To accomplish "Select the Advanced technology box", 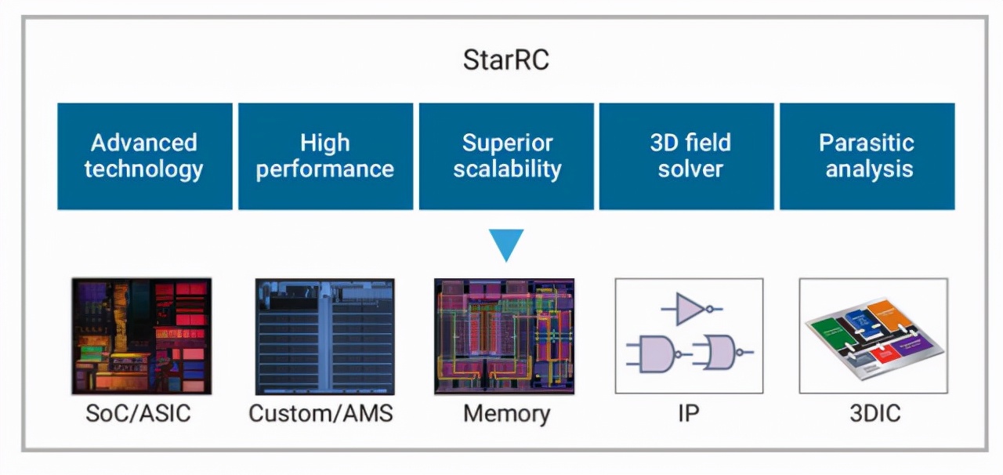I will click(x=144, y=156).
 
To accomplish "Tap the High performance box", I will click(x=325, y=156).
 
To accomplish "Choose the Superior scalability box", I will click(x=506, y=156).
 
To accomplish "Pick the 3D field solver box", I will click(x=686, y=156).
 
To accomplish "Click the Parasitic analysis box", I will click(x=867, y=156).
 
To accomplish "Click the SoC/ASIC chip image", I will click(x=141, y=335).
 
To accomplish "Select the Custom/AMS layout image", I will click(x=324, y=336).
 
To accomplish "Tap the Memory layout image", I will click(x=505, y=336).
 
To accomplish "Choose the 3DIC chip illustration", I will click(x=873, y=335).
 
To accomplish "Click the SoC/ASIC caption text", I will click(x=138, y=413).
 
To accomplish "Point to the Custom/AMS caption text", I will click(x=320, y=413).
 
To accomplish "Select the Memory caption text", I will click(x=506, y=413).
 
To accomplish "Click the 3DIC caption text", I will click(x=874, y=413).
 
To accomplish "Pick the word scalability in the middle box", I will click(x=506, y=169).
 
